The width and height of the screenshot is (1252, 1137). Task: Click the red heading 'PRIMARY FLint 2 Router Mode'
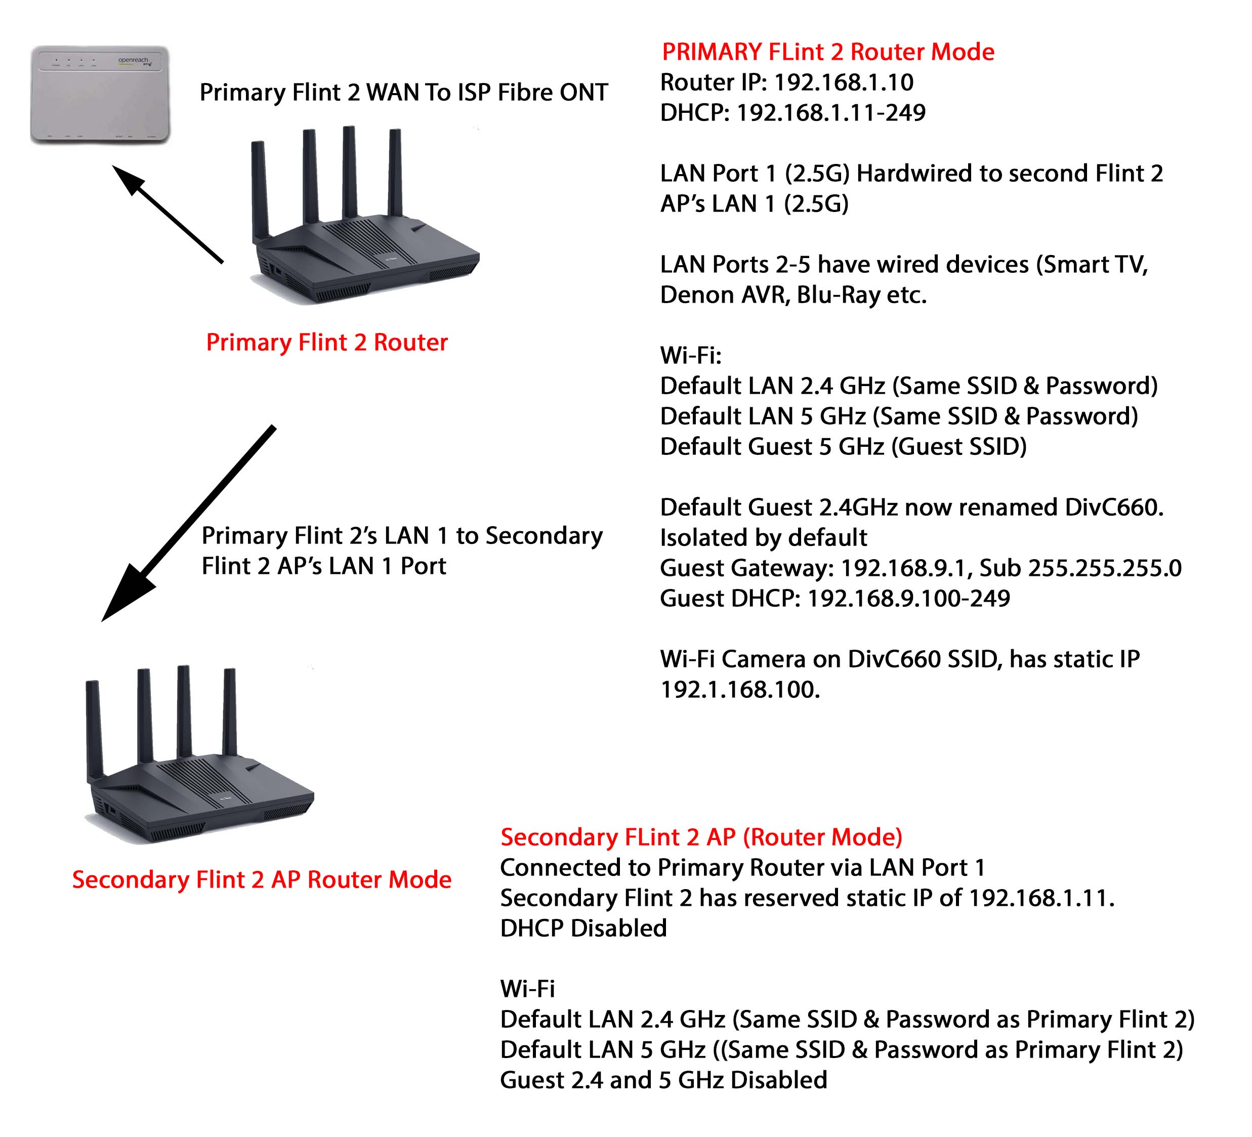[828, 52]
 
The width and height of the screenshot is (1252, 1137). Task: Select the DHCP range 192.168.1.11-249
[830, 113]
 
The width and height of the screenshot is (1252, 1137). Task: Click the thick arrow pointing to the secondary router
[186, 525]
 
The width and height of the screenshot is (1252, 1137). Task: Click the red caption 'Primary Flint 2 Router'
[326, 343]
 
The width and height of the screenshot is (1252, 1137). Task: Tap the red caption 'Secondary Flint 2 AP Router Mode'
[262, 880]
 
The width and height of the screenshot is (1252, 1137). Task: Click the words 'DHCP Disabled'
[583, 929]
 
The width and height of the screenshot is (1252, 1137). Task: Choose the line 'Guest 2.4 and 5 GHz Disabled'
[663, 1080]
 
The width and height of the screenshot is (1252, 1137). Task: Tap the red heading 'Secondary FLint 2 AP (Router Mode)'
[701, 837]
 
